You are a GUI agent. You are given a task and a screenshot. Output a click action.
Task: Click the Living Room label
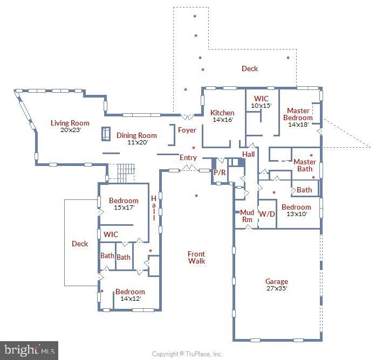pyautogui.click(x=70, y=123)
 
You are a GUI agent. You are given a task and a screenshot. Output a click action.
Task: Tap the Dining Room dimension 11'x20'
pyautogui.click(x=136, y=142)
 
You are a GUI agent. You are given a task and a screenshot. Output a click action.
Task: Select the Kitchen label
pyautogui.click(x=222, y=113)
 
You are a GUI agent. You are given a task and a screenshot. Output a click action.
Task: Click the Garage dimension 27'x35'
pyautogui.click(x=276, y=288)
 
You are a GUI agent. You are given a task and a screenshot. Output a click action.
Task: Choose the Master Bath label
pyautogui.click(x=305, y=165)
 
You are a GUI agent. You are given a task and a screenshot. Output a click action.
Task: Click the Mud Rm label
pyautogui.click(x=247, y=216)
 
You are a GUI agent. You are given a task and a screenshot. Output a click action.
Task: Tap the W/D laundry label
pyautogui.click(x=266, y=213)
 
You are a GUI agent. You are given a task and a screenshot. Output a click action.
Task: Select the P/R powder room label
pyautogui.click(x=219, y=172)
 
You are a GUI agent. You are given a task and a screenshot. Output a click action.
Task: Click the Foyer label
pyautogui.click(x=187, y=130)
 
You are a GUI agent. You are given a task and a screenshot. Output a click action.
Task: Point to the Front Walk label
pyautogui.click(x=196, y=258)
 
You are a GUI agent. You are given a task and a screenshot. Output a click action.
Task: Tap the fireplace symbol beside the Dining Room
pyautogui.click(x=106, y=134)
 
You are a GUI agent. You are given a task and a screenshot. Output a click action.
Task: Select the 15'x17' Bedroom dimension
pyautogui.click(x=124, y=207)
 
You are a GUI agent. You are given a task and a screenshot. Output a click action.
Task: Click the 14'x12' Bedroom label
pyautogui.click(x=130, y=292)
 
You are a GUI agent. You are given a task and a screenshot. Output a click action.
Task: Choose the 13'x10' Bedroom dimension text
pyautogui.click(x=296, y=214)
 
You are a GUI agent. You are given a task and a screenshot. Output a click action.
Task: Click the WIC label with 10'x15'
pyautogui.click(x=261, y=99)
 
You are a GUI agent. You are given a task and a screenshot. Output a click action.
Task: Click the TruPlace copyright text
pyautogui.click(x=187, y=354)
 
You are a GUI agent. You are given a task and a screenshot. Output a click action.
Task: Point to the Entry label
pyautogui.click(x=188, y=158)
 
